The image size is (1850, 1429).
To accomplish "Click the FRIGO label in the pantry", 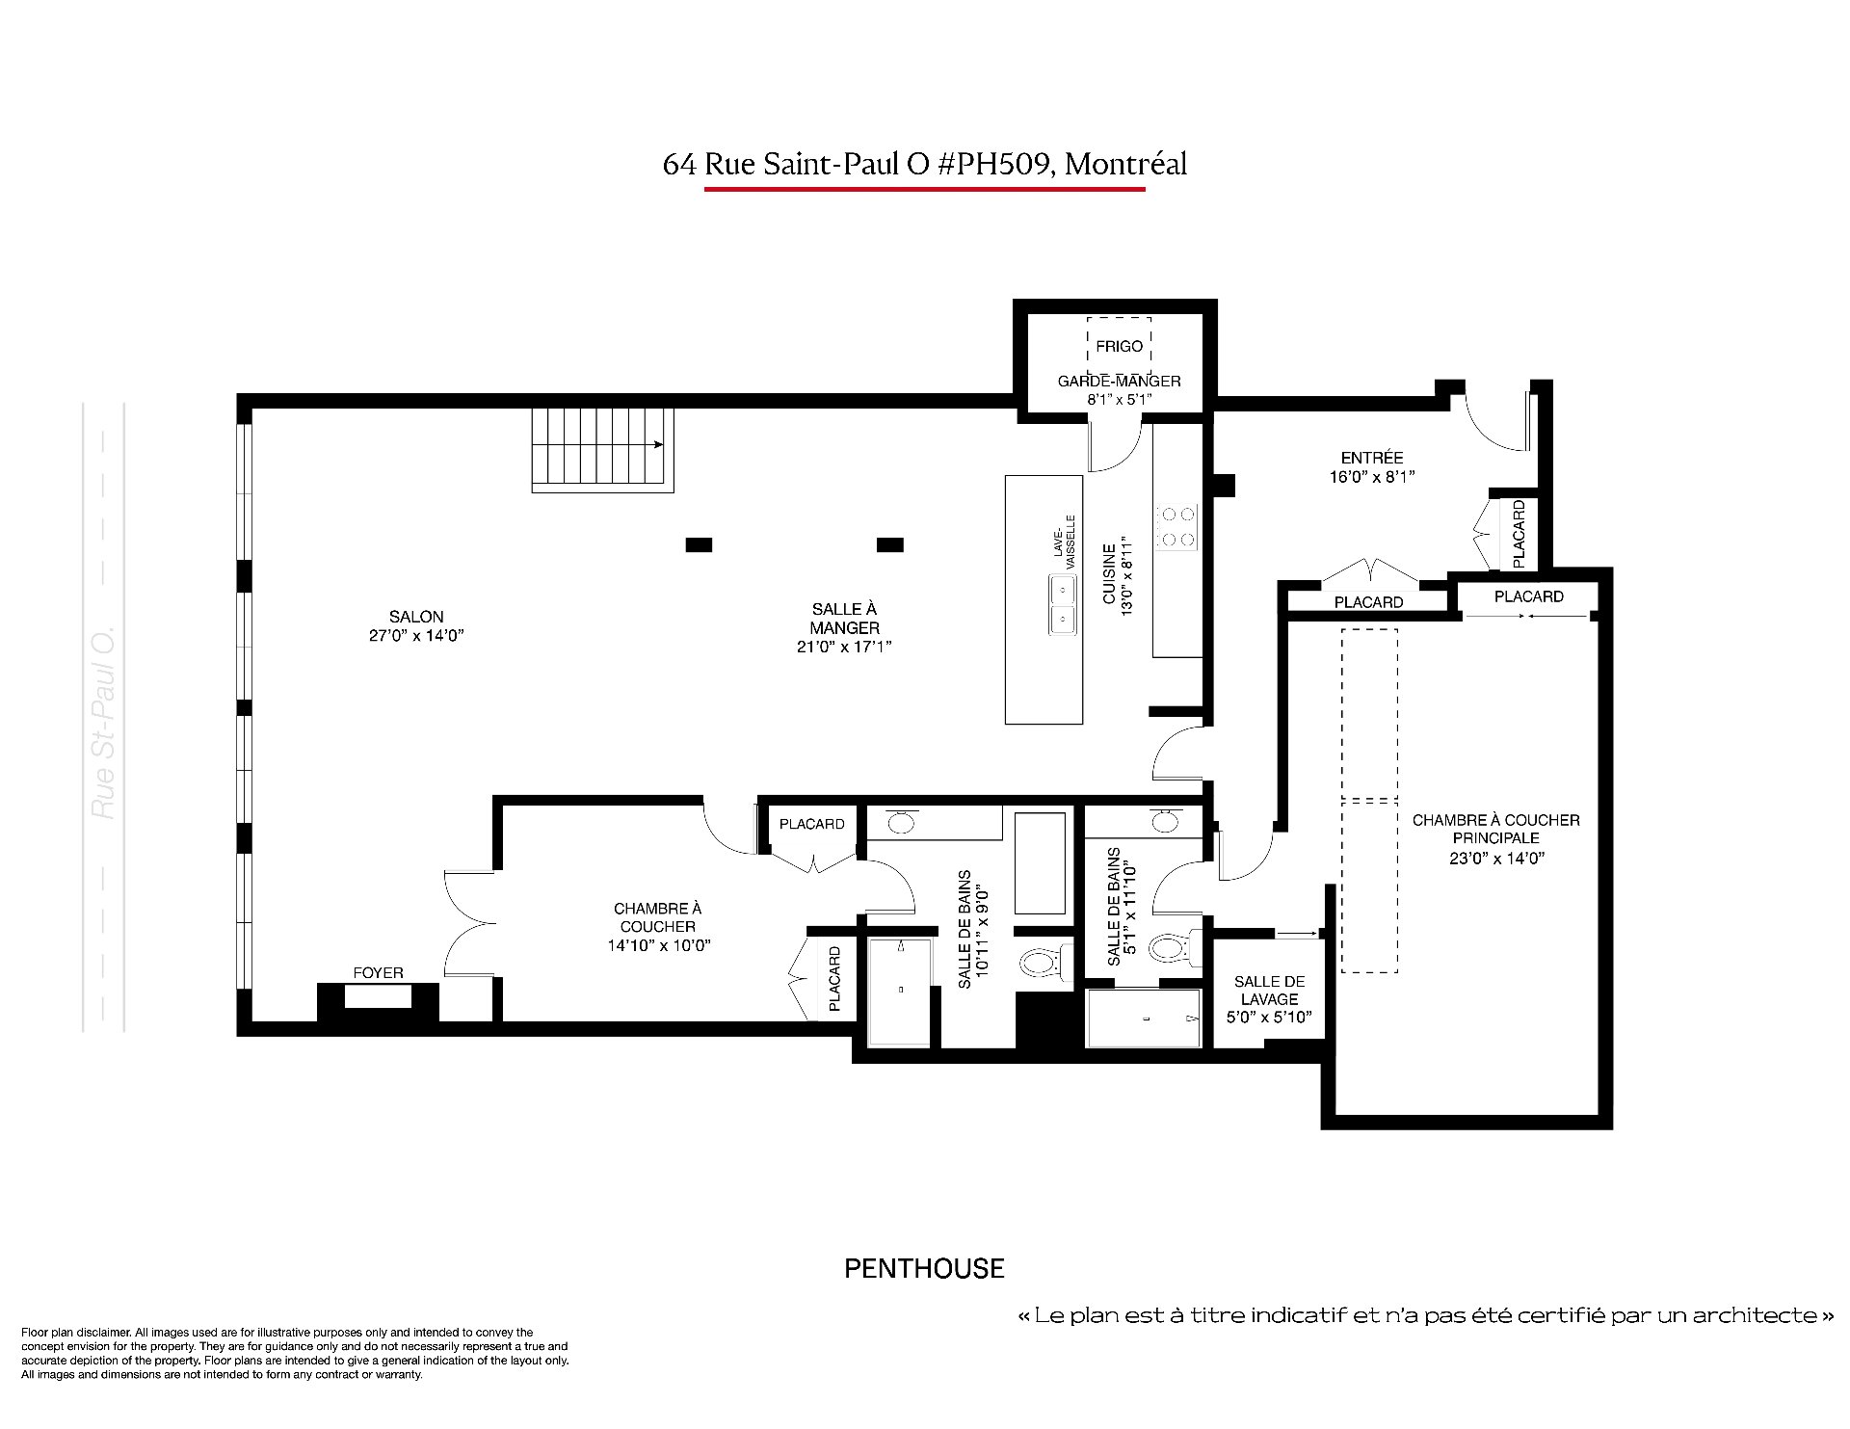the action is tap(1119, 346).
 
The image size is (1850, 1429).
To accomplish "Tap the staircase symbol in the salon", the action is tap(602, 450).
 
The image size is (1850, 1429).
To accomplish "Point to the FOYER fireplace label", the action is tap(378, 973).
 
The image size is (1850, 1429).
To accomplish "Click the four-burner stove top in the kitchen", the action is tap(1176, 527).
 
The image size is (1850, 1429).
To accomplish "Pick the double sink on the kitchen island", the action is tap(1063, 604).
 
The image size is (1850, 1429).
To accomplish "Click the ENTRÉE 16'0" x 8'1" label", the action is tap(1372, 467).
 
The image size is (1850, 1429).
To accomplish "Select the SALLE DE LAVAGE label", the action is tap(1269, 999).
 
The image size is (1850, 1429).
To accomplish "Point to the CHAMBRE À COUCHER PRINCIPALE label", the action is tap(1496, 838).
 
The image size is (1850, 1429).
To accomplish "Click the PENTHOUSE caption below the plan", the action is tap(924, 1269).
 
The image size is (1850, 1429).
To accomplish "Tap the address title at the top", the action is tap(924, 164).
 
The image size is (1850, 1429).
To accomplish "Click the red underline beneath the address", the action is tap(924, 189).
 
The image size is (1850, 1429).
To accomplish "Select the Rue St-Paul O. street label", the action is tap(103, 722).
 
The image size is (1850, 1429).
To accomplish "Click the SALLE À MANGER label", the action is tap(844, 627).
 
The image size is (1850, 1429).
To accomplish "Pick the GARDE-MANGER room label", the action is tap(1119, 389).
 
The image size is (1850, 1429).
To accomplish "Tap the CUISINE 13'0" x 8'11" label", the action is tap(1118, 576).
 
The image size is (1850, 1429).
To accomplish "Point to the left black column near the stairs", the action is tap(699, 544).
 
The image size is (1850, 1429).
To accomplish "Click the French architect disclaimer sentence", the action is tap(1425, 1315).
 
